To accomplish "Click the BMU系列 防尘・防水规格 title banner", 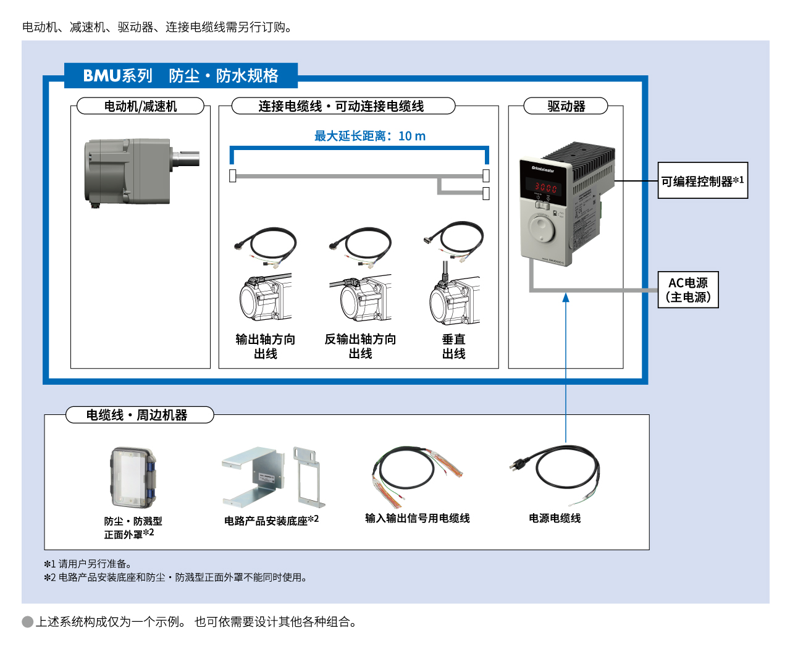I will (x=181, y=75).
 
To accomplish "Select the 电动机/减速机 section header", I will (x=140, y=106).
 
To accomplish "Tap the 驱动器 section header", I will (x=566, y=106).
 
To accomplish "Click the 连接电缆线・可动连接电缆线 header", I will (x=341, y=106).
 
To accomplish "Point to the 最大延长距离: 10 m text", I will (x=369, y=136).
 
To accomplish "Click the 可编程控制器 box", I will (x=702, y=181).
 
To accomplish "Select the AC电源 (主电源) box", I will (x=688, y=290).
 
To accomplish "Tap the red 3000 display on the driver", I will (x=545, y=187).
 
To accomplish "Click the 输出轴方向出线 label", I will (x=266, y=346).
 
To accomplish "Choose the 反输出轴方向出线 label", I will (x=360, y=346).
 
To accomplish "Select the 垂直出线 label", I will (x=453, y=346).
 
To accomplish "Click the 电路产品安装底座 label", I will (x=271, y=521).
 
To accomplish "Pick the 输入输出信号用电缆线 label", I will (x=417, y=518).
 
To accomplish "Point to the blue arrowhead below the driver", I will (x=566, y=298).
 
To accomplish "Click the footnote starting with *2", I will (x=175, y=577).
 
